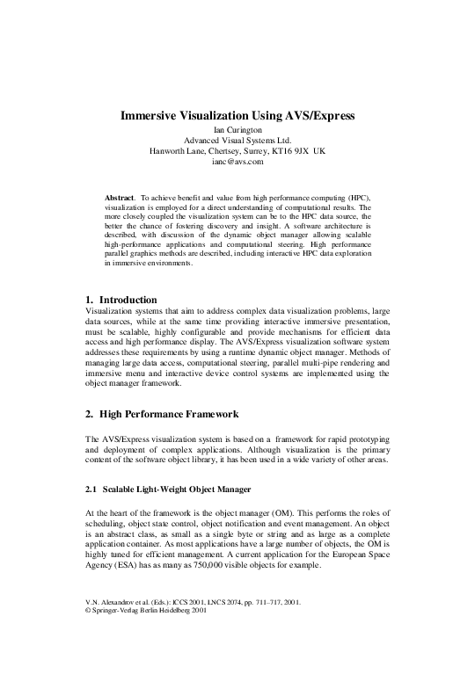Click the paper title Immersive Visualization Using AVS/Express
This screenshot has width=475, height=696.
point(237,113)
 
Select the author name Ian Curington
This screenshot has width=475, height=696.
point(237,129)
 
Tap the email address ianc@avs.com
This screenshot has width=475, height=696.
point(237,162)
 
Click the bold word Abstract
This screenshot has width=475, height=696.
point(121,199)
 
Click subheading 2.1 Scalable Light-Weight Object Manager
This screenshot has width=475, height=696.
point(168,488)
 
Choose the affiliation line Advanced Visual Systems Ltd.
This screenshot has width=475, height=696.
point(237,141)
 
